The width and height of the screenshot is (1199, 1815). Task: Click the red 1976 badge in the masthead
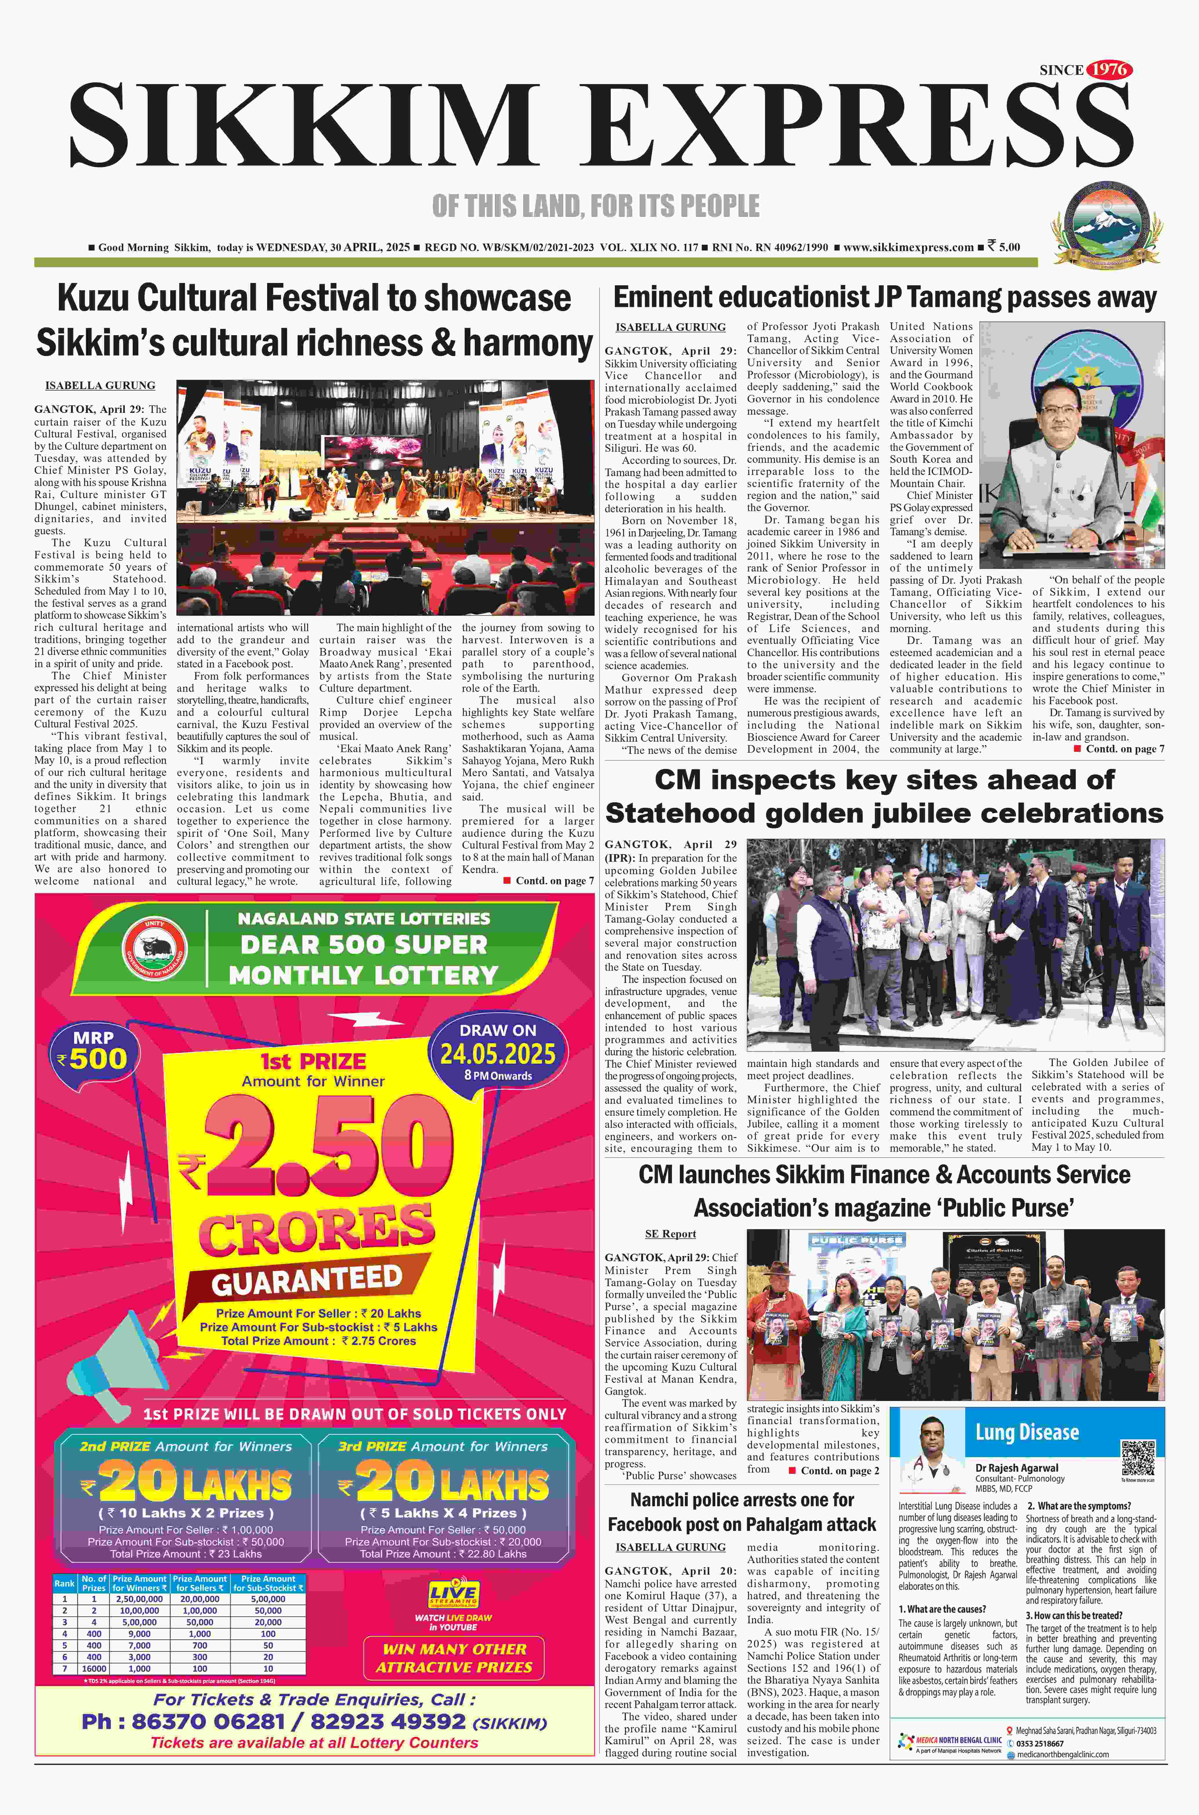pos(1109,70)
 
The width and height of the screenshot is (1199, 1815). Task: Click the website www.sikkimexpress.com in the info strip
pos(908,248)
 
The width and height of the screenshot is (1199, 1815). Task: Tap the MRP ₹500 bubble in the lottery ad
pos(93,1051)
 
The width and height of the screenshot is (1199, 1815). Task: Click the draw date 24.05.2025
pos(498,1054)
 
